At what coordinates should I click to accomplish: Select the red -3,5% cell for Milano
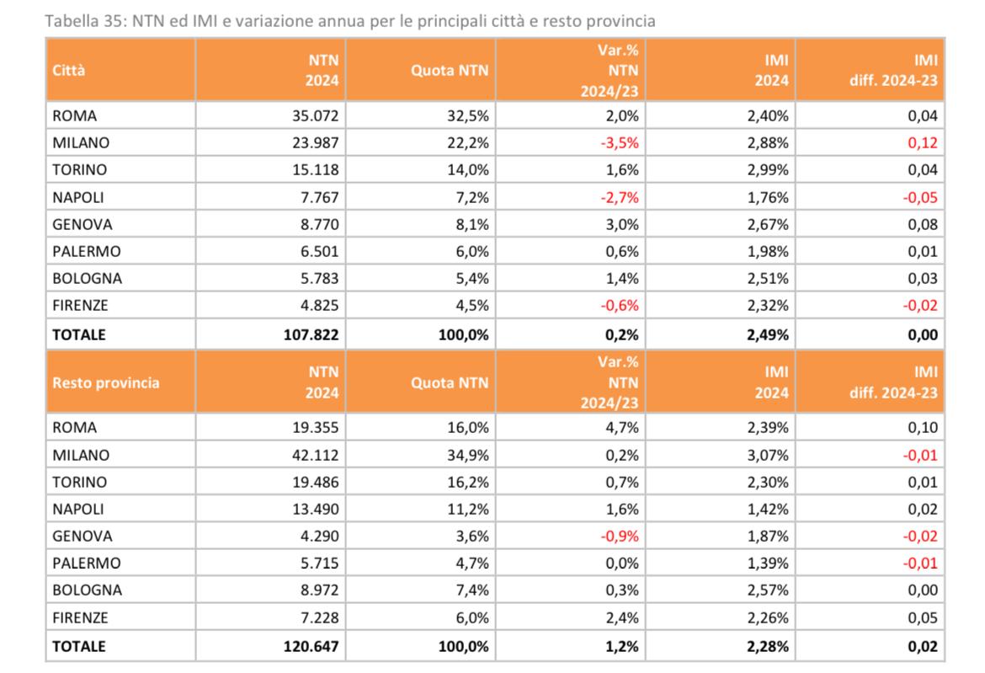(620, 143)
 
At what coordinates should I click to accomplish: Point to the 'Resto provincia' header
(105, 382)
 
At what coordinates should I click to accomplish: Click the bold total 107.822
(307, 334)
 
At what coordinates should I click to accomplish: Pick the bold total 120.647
(307, 647)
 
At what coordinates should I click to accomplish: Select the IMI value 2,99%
(768, 170)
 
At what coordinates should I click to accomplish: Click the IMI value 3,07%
(768, 455)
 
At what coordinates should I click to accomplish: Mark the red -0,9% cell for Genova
(620, 536)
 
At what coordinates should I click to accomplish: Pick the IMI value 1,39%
(768, 563)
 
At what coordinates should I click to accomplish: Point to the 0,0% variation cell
(623, 563)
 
